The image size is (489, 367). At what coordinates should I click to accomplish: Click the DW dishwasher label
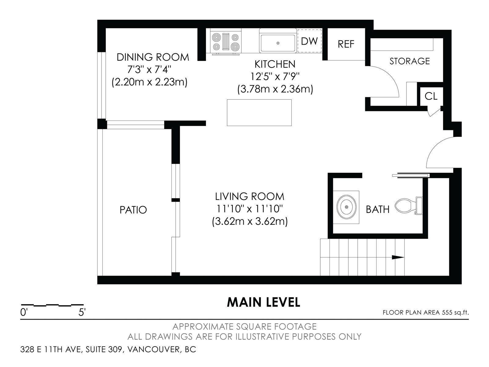click(309, 41)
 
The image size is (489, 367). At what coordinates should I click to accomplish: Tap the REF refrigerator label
click(346, 44)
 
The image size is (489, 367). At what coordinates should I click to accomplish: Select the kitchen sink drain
click(278, 43)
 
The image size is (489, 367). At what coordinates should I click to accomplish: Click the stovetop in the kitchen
click(226, 42)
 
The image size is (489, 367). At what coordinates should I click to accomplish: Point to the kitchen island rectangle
click(259, 113)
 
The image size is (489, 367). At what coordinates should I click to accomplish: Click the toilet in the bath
click(409, 206)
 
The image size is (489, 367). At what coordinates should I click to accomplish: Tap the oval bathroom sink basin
click(346, 207)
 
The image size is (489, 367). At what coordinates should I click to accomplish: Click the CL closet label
click(431, 96)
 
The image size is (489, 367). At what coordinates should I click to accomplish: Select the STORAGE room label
click(410, 61)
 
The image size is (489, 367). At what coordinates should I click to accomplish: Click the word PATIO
click(133, 210)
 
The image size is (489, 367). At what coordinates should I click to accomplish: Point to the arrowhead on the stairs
click(398, 258)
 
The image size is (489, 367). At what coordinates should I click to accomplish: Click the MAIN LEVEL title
click(263, 302)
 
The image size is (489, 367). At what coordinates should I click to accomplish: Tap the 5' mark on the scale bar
click(82, 312)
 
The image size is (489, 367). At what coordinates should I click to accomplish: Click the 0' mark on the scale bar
click(24, 312)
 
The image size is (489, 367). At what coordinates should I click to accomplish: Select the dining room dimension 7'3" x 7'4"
click(149, 70)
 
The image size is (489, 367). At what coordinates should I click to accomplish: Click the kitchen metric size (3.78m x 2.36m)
click(275, 89)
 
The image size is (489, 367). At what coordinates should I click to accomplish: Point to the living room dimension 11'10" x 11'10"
click(249, 209)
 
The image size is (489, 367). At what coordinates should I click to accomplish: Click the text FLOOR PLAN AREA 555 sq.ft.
click(426, 312)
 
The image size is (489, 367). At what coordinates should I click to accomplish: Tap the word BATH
click(378, 209)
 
